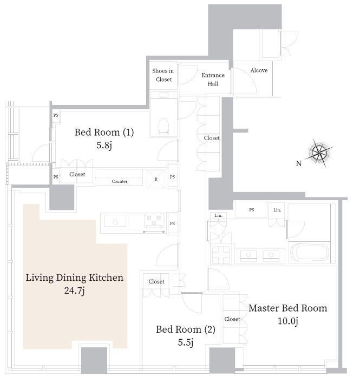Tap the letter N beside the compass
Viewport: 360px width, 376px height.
tap(299, 163)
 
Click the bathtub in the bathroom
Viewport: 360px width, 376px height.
tap(309, 253)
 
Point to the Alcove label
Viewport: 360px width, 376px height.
tap(259, 70)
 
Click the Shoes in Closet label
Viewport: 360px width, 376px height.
tap(163, 75)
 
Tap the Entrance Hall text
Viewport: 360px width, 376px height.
tap(213, 80)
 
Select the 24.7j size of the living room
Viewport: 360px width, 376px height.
tap(74, 291)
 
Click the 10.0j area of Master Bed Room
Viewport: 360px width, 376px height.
tap(288, 321)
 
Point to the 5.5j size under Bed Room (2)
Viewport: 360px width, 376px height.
tap(186, 342)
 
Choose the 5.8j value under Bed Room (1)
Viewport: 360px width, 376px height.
tap(104, 146)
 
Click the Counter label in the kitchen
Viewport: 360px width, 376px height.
tap(120, 181)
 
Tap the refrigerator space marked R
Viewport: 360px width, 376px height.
tap(156, 179)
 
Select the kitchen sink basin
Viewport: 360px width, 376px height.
tap(115, 221)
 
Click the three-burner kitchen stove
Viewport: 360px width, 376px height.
tap(154, 221)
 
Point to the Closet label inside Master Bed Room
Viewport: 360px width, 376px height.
tap(232, 319)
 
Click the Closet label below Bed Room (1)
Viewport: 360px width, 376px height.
tap(77, 174)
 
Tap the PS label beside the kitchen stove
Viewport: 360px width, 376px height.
tap(172, 223)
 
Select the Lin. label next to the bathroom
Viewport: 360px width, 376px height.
tap(277, 210)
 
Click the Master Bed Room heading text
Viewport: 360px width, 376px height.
tap(288, 308)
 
